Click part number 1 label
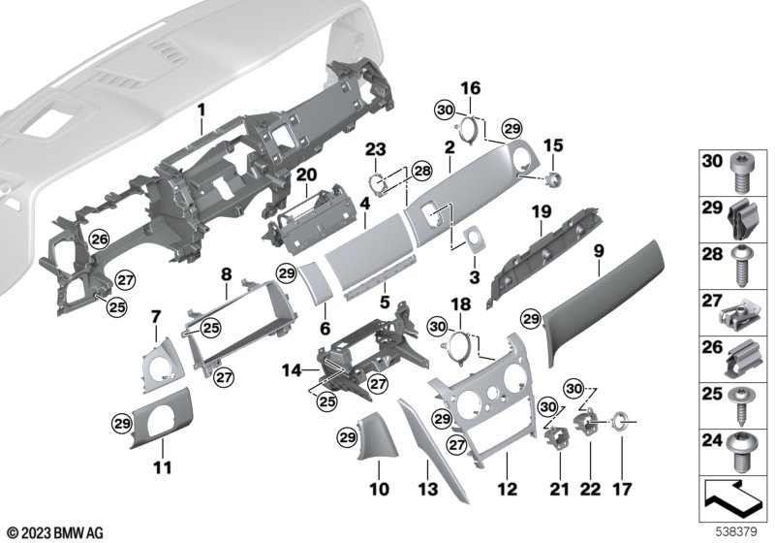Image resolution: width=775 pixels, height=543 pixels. (x=201, y=112)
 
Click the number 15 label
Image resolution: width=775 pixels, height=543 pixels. (x=554, y=145)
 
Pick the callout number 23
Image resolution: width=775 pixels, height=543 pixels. (x=376, y=148)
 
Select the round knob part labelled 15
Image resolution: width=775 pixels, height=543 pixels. (x=555, y=176)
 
